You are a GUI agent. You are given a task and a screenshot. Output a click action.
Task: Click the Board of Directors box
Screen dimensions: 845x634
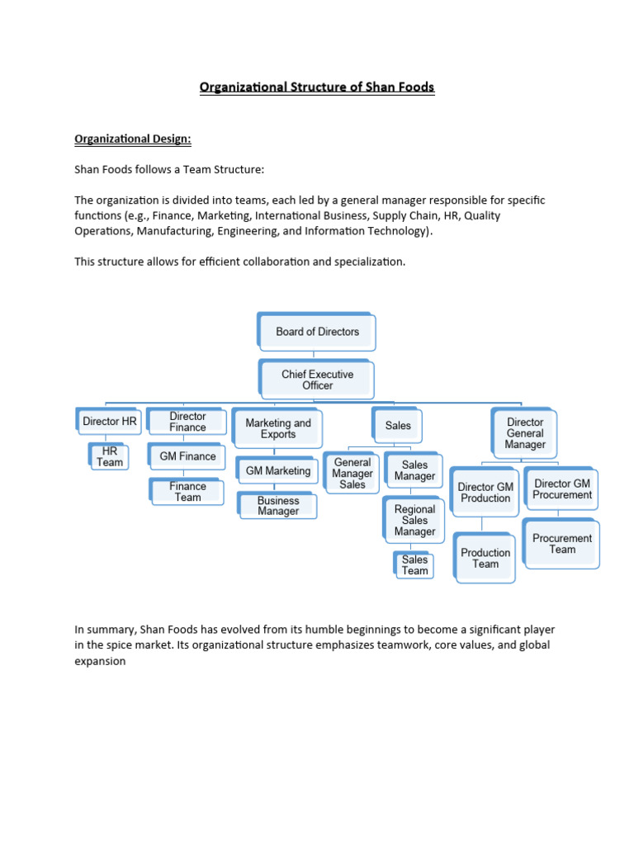(x=317, y=332)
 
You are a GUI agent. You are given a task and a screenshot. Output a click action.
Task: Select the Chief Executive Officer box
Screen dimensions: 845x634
(x=317, y=380)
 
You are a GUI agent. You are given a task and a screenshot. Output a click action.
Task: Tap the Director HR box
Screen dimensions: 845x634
(x=109, y=421)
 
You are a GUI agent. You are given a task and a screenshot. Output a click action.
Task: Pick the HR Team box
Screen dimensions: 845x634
(x=110, y=457)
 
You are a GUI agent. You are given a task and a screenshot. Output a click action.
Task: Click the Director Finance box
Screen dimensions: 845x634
(x=187, y=422)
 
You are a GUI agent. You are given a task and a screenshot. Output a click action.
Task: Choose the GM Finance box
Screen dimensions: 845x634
(x=187, y=456)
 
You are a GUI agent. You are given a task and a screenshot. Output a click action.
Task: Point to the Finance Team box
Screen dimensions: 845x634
(x=187, y=492)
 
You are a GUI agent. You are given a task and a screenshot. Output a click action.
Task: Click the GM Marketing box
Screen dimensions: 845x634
(x=277, y=471)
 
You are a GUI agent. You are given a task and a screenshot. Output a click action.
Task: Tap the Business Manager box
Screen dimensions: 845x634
(x=278, y=506)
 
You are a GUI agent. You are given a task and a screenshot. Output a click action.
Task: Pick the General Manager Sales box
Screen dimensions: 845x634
(x=352, y=474)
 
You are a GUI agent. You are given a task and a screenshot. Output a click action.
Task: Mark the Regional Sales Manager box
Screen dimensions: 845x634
(x=414, y=521)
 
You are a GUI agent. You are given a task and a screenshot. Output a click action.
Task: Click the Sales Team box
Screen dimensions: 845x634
(x=414, y=565)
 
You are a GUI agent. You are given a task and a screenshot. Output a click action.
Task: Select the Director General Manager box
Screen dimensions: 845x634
(x=525, y=433)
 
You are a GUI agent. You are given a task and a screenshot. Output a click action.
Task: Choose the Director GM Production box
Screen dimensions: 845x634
(x=485, y=493)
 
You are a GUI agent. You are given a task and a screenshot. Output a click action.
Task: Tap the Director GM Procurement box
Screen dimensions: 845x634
(x=562, y=489)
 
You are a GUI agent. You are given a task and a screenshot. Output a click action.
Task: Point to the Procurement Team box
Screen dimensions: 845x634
(x=562, y=544)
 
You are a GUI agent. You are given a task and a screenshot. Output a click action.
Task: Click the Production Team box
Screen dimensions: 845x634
(x=485, y=559)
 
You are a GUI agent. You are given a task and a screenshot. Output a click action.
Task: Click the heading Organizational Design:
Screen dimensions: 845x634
(x=133, y=139)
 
